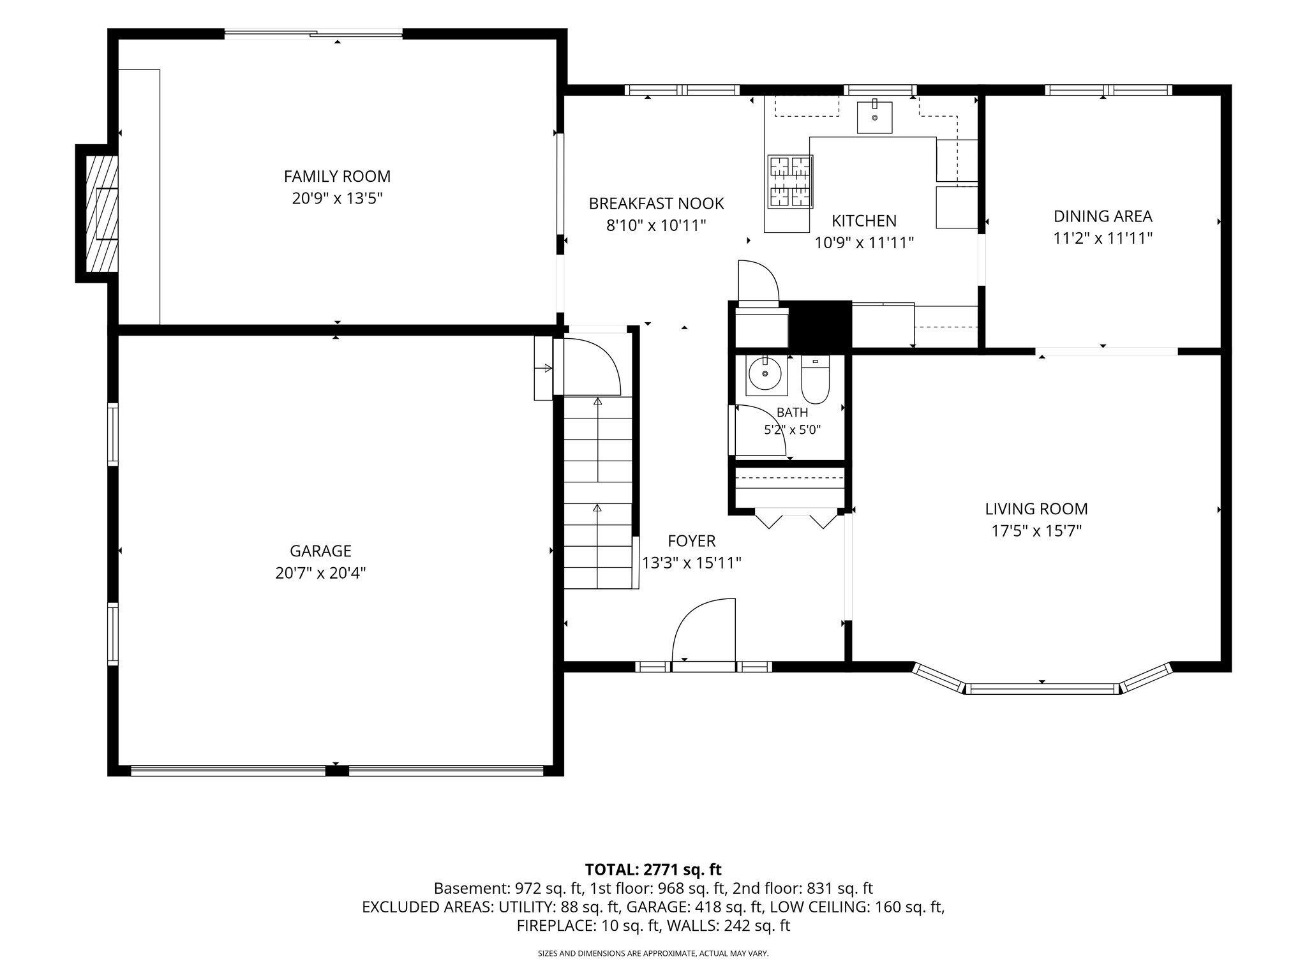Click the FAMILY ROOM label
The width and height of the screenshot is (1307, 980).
click(x=337, y=176)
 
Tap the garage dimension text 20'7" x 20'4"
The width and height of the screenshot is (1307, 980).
click(x=320, y=573)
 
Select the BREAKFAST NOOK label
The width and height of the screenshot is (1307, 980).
click(x=656, y=204)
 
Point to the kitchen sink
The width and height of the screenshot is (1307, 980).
click(x=874, y=117)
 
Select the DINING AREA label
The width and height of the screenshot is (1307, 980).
click(x=1103, y=216)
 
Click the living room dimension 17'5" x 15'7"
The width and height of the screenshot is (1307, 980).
click(x=1036, y=531)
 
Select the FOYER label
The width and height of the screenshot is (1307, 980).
click(x=691, y=541)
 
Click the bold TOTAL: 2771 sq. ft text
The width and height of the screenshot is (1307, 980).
click(x=653, y=869)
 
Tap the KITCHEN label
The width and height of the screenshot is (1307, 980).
click(x=864, y=221)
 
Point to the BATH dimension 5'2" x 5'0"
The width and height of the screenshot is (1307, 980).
click(x=792, y=429)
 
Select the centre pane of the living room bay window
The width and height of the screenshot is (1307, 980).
click(x=1042, y=688)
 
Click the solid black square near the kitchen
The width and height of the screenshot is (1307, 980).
click(x=821, y=325)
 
